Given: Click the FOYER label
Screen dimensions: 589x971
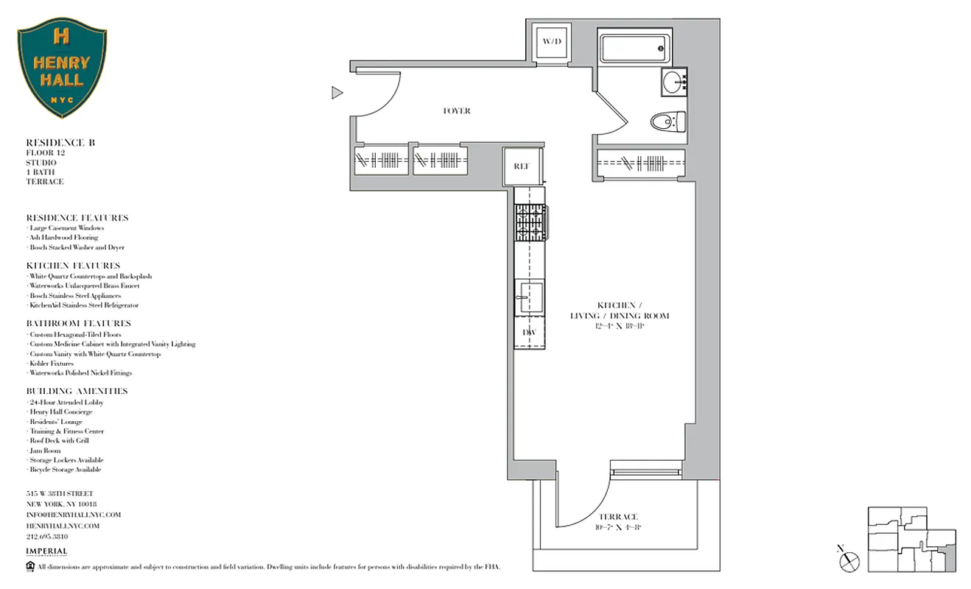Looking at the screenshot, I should coord(457,111).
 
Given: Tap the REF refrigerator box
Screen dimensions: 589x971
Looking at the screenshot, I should coord(522,166).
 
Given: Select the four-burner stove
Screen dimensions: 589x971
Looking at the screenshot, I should coord(530,223).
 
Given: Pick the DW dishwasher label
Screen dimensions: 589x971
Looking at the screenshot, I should coord(529,333).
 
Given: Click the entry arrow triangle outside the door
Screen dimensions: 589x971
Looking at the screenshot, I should coord(337,92).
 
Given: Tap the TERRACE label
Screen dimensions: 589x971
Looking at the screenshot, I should coord(617,517).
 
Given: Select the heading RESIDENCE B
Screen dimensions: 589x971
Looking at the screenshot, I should coord(60,142).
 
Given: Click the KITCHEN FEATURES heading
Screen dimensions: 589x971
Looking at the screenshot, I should coord(73,265).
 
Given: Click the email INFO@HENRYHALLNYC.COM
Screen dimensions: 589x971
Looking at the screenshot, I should coord(73,515).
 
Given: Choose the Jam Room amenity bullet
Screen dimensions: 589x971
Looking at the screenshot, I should coord(46,451).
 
